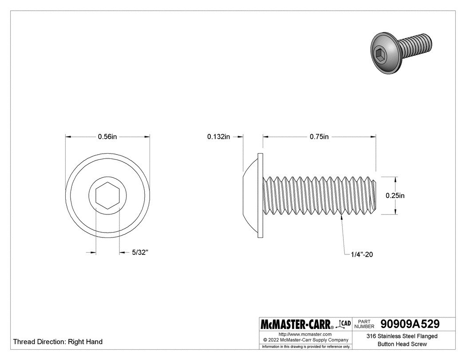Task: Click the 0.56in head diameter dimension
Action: [x=107, y=137]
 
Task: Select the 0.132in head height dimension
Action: [x=218, y=137]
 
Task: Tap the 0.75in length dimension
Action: [x=319, y=137]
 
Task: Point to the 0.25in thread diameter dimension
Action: [x=395, y=195]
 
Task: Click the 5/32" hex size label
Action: [x=140, y=253]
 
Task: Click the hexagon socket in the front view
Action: [x=107, y=195]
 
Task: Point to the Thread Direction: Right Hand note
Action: [x=58, y=342]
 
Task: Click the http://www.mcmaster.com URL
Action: [x=305, y=334]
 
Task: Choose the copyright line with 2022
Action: [x=305, y=340]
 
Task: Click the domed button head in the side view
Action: [x=251, y=195]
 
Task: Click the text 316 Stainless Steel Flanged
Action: [x=402, y=336]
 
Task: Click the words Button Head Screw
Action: [x=402, y=344]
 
